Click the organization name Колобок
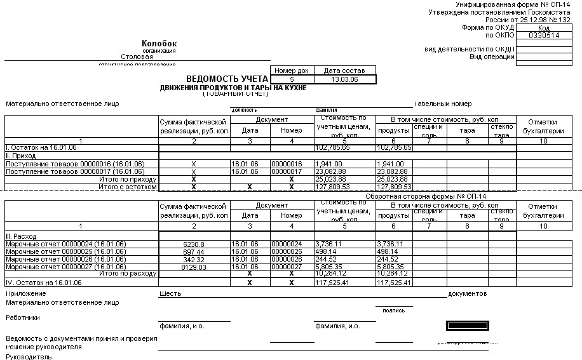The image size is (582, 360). tap(159, 43)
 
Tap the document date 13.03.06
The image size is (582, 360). tap(344, 79)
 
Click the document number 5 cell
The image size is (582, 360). tap(291, 79)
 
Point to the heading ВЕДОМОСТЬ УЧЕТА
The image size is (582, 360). tap(227, 79)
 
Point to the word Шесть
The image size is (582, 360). tap(170, 294)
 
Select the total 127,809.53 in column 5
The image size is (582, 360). tap(332, 187)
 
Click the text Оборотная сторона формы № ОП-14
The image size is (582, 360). tap(425, 196)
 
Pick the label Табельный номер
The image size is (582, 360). tap(443, 104)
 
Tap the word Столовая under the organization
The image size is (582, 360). tap(137, 57)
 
